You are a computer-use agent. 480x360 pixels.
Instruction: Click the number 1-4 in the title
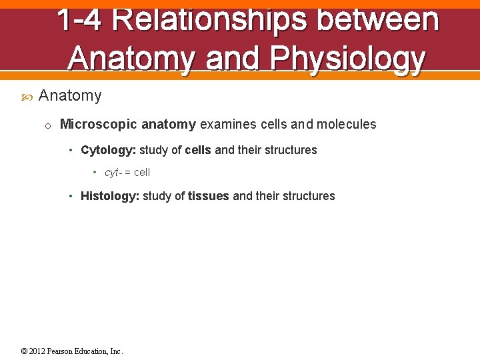click(79, 19)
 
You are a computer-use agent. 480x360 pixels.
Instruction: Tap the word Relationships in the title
click(208, 19)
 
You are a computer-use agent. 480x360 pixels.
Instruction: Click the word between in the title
click(377, 19)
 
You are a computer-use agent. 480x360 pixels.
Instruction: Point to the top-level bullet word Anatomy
click(70, 96)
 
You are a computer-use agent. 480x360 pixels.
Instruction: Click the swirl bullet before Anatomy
click(27, 97)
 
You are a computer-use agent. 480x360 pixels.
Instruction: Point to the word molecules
click(346, 125)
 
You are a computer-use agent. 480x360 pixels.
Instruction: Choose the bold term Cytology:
click(108, 150)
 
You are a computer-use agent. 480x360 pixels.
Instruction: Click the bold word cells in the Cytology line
click(197, 150)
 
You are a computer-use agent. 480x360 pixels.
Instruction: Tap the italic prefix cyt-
click(113, 173)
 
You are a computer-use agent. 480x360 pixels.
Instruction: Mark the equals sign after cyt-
click(127, 173)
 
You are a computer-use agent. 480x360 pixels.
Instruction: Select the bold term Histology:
click(109, 196)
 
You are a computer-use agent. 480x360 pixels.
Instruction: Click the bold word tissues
click(208, 196)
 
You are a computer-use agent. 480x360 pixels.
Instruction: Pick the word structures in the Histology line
click(309, 196)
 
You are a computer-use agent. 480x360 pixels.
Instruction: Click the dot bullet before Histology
click(72, 196)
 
